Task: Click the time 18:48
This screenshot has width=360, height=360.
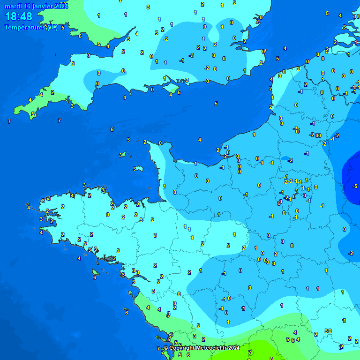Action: (x=19, y=17)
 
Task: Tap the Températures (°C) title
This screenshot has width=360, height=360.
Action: (x=31, y=28)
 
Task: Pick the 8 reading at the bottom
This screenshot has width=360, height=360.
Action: (x=271, y=358)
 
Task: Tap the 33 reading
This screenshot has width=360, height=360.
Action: (x=356, y=16)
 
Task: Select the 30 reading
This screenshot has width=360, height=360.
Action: (x=328, y=331)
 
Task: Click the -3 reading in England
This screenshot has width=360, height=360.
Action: (x=191, y=56)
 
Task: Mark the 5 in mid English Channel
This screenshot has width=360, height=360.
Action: (x=216, y=104)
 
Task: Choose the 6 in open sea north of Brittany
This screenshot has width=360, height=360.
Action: (x=112, y=129)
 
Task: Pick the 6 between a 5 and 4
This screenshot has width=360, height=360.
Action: (x=293, y=340)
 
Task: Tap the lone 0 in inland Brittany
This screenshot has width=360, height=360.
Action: (x=108, y=215)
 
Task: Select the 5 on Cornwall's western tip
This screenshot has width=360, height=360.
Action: (x=33, y=114)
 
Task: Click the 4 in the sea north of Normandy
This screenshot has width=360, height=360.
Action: (x=200, y=140)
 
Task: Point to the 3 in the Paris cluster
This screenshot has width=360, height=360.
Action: (x=296, y=191)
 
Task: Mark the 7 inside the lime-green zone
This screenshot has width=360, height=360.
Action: (x=250, y=352)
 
